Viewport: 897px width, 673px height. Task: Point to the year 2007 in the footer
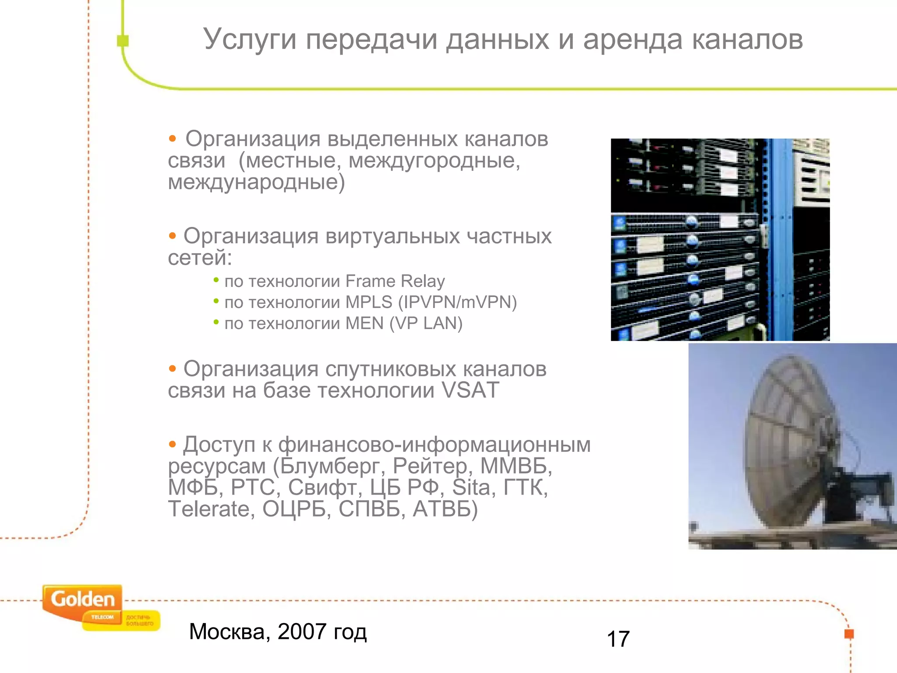pyautogui.click(x=302, y=632)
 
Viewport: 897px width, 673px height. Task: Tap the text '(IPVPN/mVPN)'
pyautogui.click(x=457, y=302)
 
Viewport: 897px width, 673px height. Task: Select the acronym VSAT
pyautogui.click(x=470, y=390)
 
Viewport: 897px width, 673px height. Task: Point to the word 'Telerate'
pyautogui.click(x=208, y=509)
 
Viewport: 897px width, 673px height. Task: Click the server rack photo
pyautogui.click(x=720, y=240)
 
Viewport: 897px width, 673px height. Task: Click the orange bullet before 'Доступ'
pyautogui.click(x=173, y=445)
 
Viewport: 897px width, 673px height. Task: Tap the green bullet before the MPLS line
pyautogui.click(x=216, y=301)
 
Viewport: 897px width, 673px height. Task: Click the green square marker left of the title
pyautogui.click(x=123, y=41)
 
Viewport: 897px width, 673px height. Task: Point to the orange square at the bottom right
pyautogui.click(x=849, y=634)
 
